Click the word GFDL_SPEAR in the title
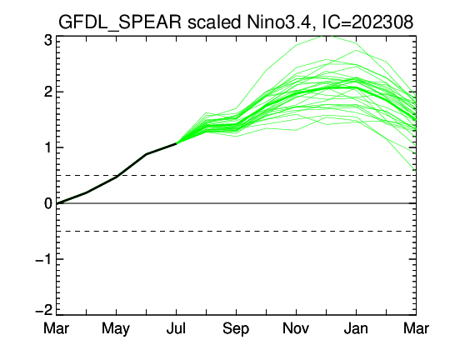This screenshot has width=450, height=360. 120,22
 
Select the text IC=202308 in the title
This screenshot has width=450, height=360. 368,22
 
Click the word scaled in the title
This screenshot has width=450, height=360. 214,22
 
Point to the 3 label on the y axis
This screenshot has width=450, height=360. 48,41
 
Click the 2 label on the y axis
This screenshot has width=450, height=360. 48,92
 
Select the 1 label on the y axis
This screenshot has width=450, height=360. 48,147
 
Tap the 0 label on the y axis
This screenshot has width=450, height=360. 48,203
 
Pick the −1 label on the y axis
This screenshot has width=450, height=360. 44,259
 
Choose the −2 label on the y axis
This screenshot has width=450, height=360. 44,310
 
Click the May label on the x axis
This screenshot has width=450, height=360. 116,329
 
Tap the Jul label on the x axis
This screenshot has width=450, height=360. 176,328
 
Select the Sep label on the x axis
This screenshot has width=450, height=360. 236,329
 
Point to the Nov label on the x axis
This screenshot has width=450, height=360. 296,328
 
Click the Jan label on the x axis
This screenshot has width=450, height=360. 356,328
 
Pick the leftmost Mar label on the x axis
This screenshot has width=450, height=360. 57,328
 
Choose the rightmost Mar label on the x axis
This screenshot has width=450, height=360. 416,328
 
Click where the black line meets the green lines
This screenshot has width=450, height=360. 176,143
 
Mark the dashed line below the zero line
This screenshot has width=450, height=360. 236,231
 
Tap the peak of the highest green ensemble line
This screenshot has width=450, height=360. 327,36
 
